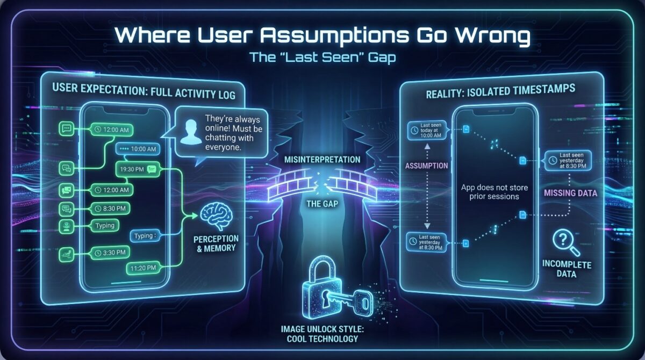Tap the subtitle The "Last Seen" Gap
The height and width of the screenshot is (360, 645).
pos(322,57)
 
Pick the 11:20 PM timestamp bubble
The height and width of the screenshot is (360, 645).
pos(142,267)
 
